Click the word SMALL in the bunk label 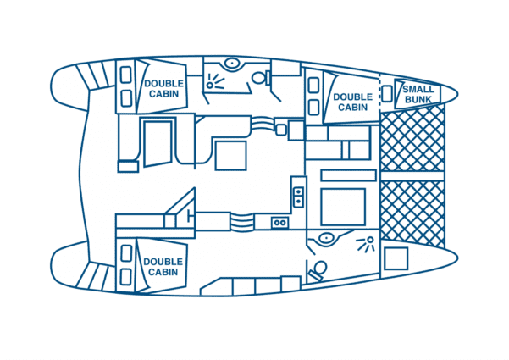418,89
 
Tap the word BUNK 418,99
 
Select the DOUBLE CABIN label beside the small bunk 352,102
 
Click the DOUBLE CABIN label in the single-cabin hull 163,267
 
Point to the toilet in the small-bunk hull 261,78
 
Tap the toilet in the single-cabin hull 318,270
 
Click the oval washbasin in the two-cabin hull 232,63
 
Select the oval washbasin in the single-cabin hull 326,239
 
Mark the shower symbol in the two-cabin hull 215,81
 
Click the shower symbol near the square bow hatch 366,244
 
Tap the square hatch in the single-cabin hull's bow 396,258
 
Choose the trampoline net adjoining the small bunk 412,141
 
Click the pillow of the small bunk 386,93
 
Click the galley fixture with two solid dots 298,197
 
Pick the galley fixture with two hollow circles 279,223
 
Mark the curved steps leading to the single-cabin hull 241,222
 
